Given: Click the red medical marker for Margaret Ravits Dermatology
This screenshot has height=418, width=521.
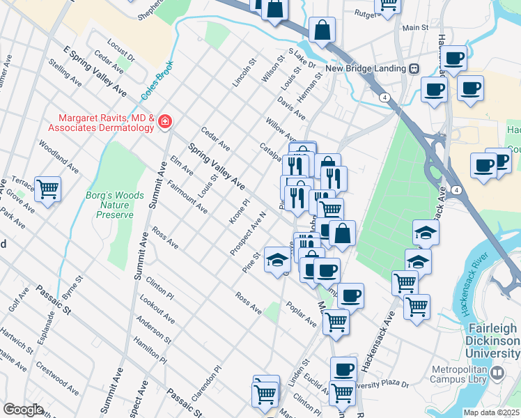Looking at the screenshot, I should (x=165, y=123).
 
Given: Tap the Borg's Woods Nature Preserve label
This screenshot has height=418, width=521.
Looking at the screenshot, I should (x=109, y=206).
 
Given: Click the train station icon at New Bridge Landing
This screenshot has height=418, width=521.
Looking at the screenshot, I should (x=414, y=68).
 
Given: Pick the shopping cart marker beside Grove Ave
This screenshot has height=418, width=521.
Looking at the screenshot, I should (x=47, y=188).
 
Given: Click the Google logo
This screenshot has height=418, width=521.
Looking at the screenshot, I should (x=23, y=410).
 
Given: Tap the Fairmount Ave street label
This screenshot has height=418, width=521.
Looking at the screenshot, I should (x=187, y=196).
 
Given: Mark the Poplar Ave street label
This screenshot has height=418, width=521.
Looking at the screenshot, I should (x=302, y=314).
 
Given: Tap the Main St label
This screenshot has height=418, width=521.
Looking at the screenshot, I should (x=415, y=27).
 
